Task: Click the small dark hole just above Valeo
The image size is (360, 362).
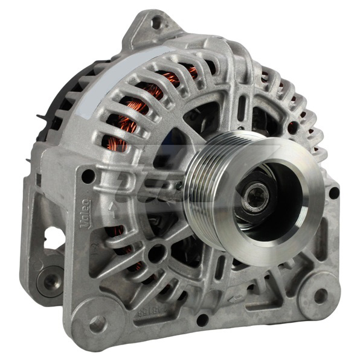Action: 88,176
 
